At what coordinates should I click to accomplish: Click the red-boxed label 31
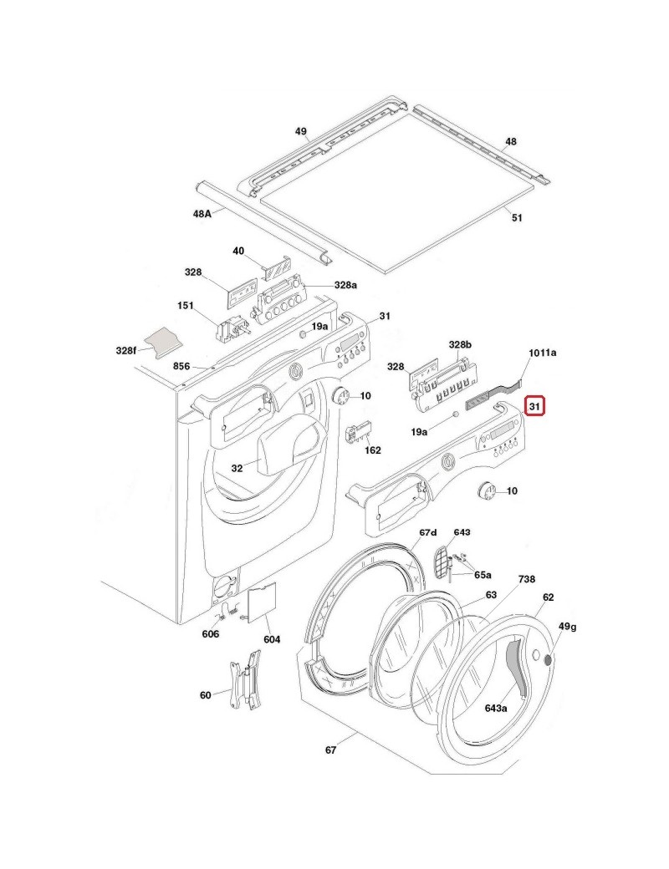tap(535, 407)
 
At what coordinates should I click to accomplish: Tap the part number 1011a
tap(542, 353)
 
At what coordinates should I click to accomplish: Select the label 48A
tap(202, 214)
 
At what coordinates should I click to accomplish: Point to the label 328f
tap(125, 350)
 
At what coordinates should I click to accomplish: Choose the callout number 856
tap(181, 366)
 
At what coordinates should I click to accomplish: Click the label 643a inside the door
tap(496, 708)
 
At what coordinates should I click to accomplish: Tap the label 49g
tap(568, 626)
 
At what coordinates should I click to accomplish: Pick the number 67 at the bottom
tap(330, 750)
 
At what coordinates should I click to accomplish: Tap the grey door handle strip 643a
tap(518, 663)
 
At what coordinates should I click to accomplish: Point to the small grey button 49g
tap(549, 660)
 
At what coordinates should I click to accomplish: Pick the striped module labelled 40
tap(277, 268)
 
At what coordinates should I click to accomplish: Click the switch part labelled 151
tap(232, 328)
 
